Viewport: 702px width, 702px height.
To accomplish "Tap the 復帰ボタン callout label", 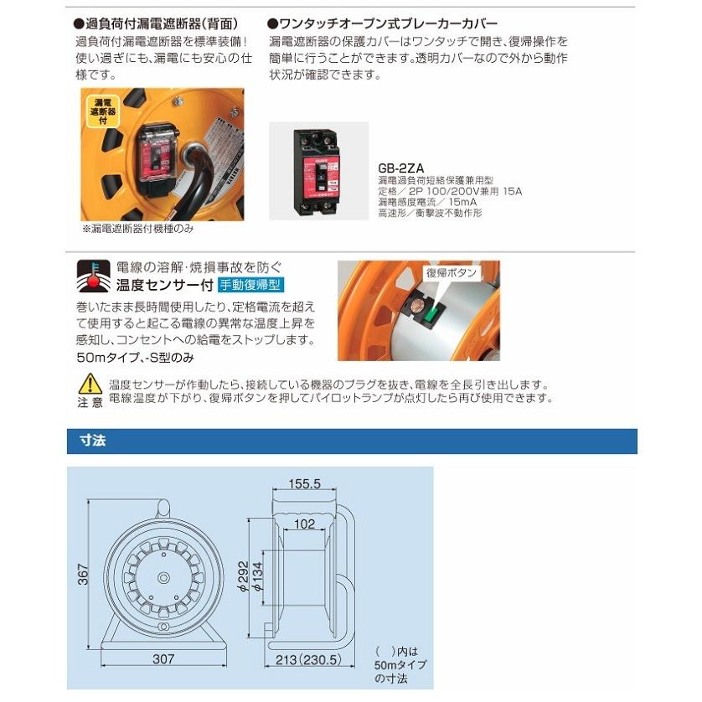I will click(x=452, y=273).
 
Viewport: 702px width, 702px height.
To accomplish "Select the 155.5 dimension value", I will click(x=307, y=484).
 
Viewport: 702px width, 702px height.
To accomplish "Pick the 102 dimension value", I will click(x=306, y=524).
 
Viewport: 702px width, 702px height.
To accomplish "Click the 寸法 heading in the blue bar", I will click(x=91, y=441).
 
